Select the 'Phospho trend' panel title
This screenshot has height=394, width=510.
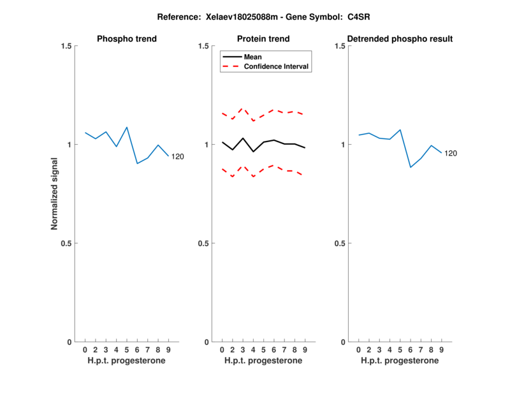click(x=127, y=40)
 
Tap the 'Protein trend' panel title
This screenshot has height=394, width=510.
click(x=263, y=40)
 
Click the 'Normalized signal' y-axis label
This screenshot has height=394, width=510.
click(x=55, y=194)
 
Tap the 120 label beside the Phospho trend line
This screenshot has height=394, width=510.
click(x=177, y=156)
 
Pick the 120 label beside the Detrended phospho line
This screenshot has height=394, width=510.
click(x=451, y=153)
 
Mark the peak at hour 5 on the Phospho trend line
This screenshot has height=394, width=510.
click(x=127, y=128)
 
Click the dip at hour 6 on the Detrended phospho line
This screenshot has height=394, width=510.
click(x=411, y=167)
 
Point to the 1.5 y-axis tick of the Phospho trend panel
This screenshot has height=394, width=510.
click(x=65, y=46)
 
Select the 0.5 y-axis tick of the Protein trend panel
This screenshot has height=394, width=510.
click(x=202, y=244)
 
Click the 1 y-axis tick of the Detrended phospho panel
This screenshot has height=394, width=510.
click(x=343, y=145)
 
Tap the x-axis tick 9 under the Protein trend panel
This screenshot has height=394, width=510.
click(x=305, y=350)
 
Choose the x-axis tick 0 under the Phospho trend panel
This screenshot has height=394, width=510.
click(x=85, y=350)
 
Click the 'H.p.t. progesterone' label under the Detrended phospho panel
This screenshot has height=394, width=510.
click(x=400, y=361)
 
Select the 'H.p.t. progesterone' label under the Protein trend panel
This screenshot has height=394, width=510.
click(x=263, y=361)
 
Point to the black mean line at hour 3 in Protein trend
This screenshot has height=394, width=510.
click(x=243, y=138)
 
